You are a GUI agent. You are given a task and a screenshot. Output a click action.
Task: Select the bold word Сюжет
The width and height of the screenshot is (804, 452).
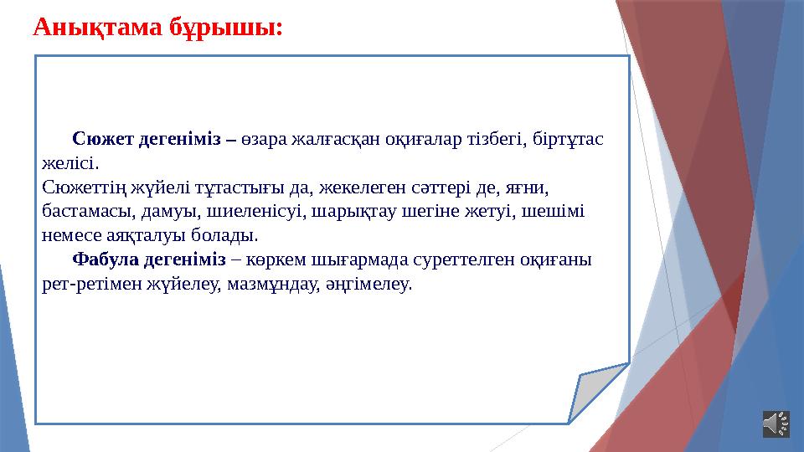98,138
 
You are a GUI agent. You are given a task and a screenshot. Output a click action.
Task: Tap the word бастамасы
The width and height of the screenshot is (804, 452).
81,210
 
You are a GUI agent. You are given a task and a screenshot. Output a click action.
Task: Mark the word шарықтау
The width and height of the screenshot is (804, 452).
347,210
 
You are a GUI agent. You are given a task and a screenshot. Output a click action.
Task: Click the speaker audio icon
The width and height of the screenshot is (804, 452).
776,424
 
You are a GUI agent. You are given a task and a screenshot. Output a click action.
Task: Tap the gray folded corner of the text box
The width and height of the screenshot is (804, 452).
601,392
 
